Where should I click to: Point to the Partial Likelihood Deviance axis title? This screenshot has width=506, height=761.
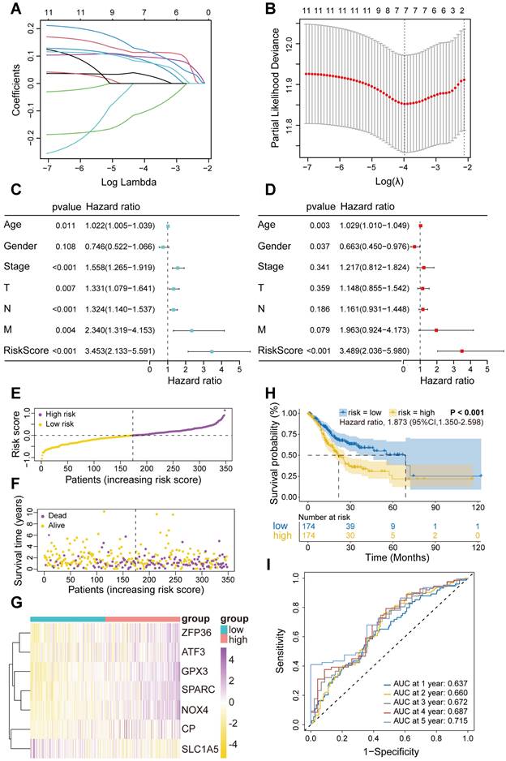(272, 90)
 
